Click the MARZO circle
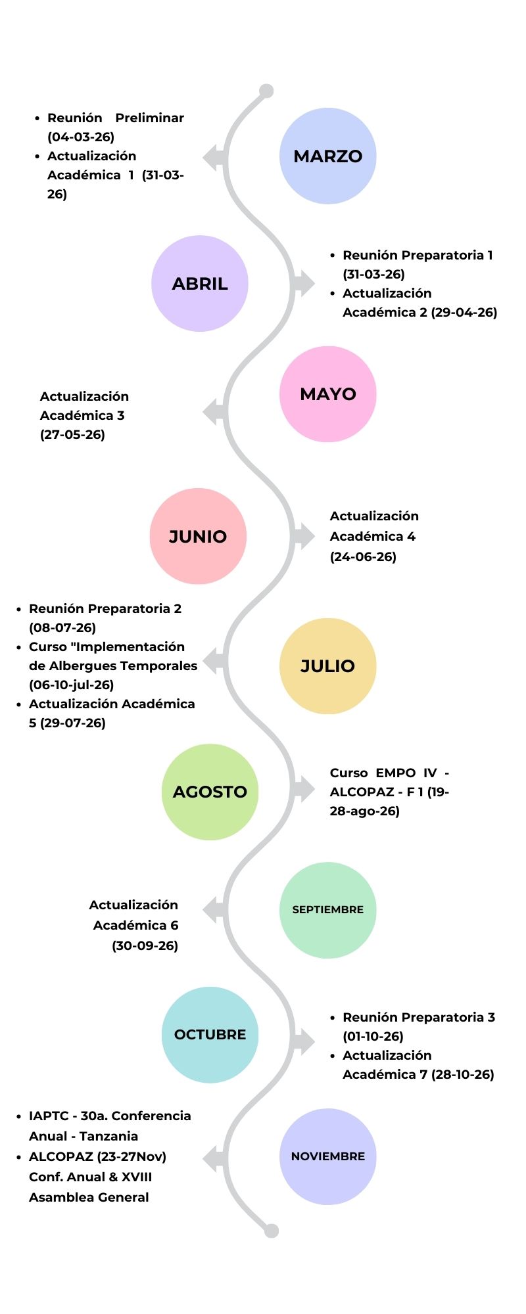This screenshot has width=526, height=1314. pyautogui.click(x=327, y=156)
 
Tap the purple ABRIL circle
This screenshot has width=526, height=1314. pyautogui.click(x=200, y=284)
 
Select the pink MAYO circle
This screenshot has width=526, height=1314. pyautogui.click(x=327, y=394)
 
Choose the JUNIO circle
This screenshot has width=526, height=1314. pyautogui.click(x=198, y=536)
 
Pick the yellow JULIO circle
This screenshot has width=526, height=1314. pyautogui.click(x=327, y=666)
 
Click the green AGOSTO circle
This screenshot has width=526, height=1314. pyautogui.click(x=210, y=792)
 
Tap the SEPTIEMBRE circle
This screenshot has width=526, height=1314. pyautogui.click(x=327, y=910)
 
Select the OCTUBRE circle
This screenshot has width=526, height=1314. pyautogui.click(x=210, y=1035)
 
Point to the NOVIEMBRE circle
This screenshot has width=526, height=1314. pyautogui.click(x=327, y=1156)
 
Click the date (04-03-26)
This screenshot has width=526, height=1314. pyautogui.click(x=81, y=137)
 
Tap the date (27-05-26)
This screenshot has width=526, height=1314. pyautogui.click(x=72, y=434)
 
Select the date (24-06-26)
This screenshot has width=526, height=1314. pyautogui.click(x=363, y=556)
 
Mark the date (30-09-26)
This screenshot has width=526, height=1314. pyautogui.click(x=145, y=945)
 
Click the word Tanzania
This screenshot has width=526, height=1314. pyautogui.click(x=108, y=1136)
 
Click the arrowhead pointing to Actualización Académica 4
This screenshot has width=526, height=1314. pyautogui.click(x=304, y=535)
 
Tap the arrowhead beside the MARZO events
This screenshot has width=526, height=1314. pyautogui.click(x=212, y=158)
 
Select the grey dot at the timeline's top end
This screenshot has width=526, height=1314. pyautogui.click(x=266, y=91)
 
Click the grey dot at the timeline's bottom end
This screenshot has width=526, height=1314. pyautogui.click(x=272, y=1231)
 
